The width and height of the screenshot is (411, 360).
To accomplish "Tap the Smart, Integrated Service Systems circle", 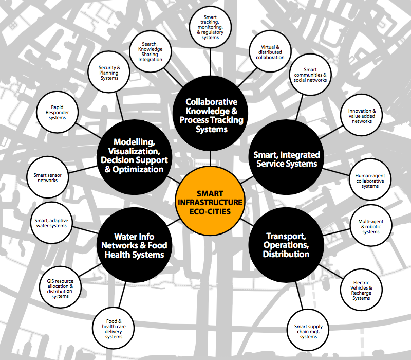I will point(287,159).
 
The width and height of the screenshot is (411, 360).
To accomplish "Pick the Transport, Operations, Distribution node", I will point(287,245).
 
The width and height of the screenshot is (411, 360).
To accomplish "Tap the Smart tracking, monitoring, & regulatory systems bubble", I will point(210,28).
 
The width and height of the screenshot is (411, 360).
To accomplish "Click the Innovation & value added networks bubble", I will point(362,116).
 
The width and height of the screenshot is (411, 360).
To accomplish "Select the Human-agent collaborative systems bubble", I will point(370,181).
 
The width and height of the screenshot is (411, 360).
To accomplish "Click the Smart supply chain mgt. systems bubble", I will point(309,330).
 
